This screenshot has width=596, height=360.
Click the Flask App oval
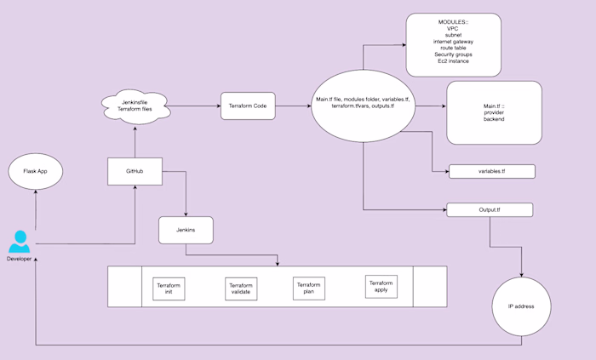click(35, 171)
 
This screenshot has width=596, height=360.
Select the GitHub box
click(135, 171)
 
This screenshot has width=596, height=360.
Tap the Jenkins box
click(185, 229)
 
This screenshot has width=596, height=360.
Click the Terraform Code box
click(248, 106)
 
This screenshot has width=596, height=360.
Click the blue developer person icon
click(19, 241)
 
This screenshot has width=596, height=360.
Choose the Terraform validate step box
click(241, 289)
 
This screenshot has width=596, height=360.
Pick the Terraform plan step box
click(309, 287)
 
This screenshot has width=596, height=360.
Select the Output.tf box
click(489, 209)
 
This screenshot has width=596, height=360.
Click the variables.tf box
click(491, 171)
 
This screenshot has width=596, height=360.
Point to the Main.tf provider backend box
click(494, 112)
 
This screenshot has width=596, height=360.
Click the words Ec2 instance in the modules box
click(453, 61)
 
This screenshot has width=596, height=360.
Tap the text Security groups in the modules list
click(453, 54)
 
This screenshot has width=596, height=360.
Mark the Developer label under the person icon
click(19, 258)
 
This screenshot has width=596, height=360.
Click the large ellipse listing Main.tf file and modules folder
click(363, 106)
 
